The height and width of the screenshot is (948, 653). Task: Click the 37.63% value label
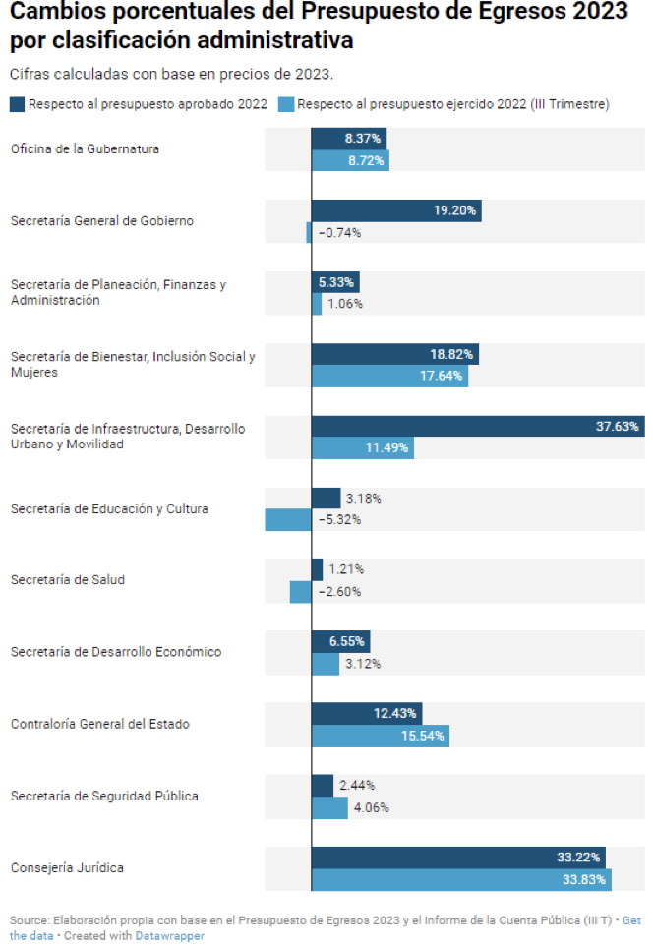coord(618,426)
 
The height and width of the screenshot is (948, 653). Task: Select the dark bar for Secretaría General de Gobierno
coord(395,210)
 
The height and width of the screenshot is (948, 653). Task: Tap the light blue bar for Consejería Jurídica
coord(460,880)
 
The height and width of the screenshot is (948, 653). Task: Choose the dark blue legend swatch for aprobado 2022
coord(17,105)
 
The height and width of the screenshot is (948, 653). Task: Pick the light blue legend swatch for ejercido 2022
coord(286,105)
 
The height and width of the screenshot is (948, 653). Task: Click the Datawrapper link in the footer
coord(169,936)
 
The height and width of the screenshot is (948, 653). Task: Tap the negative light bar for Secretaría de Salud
coord(301,592)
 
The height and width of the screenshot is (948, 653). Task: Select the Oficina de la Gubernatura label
coord(85,149)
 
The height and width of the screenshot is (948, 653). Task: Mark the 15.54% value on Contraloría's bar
coord(424,736)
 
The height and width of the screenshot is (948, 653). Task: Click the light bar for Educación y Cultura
coord(288,520)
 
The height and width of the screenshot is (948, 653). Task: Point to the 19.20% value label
coord(454,210)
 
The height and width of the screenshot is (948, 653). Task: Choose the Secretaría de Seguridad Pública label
coord(104,796)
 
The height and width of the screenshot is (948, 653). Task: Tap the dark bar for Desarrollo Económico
coord(340,641)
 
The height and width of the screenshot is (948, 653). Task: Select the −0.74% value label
coord(340,233)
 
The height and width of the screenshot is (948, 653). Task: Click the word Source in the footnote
coord(29,920)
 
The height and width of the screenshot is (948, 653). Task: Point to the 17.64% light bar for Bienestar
coord(389,376)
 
